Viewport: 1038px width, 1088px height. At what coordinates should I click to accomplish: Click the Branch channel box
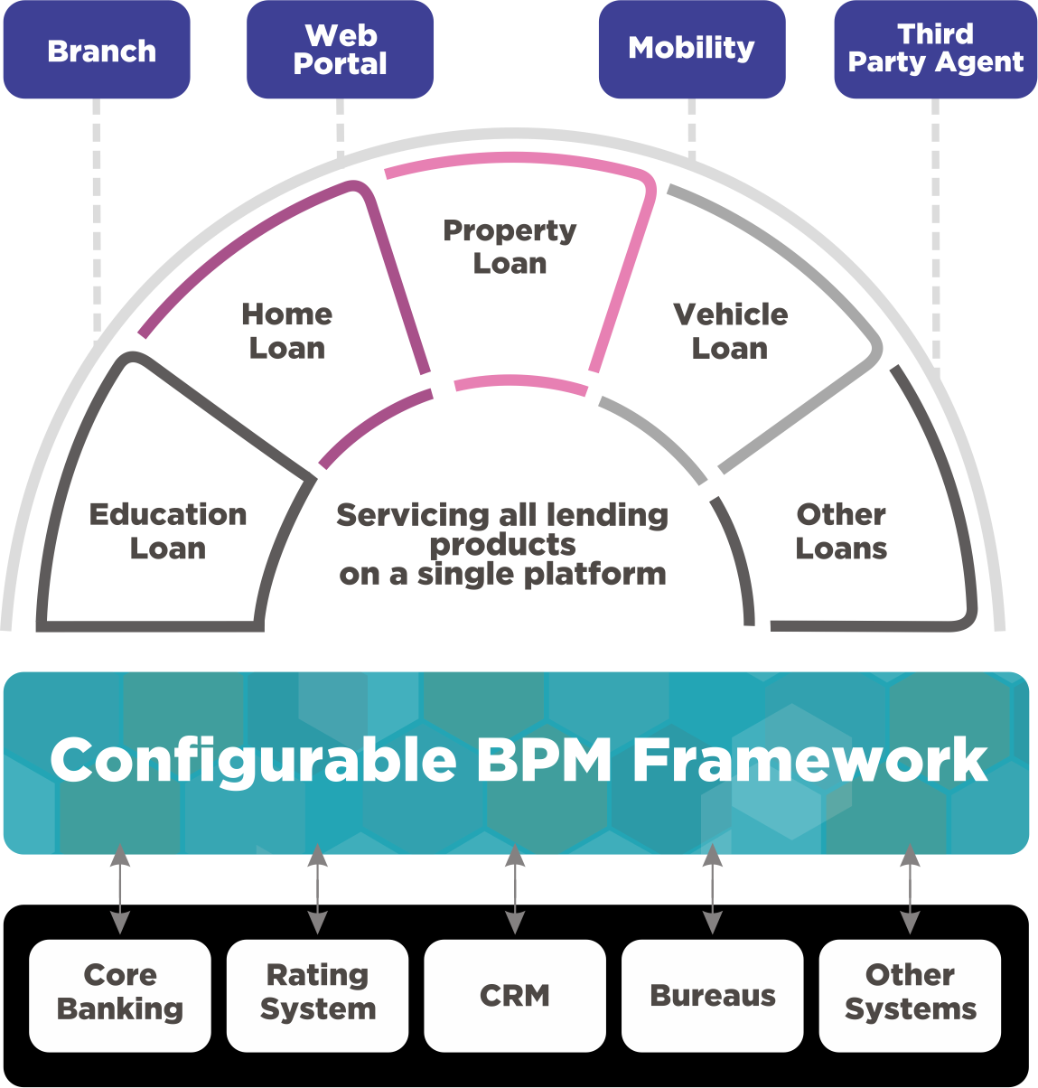[x=97, y=51]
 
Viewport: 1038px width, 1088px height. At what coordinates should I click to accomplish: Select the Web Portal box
[x=341, y=51]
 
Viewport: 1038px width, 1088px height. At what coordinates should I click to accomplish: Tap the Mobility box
[x=692, y=49]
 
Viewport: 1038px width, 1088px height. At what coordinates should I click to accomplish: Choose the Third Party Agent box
[x=935, y=49]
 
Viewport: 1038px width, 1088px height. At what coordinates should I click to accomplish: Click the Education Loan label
[x=168, y=531]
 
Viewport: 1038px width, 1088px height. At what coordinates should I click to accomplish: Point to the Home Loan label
[x=286, y=331]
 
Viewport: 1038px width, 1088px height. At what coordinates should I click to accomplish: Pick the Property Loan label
[x=510, y=247]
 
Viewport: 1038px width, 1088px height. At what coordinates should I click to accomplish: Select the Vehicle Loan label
[x=730, y=331]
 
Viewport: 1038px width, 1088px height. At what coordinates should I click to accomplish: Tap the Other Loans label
[x=841, y=531]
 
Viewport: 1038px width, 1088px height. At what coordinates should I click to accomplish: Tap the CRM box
[x=515, y=995]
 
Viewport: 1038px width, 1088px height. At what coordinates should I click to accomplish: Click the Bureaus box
[x=713, y=995]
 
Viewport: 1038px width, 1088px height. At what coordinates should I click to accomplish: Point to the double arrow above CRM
[x=515, y=889]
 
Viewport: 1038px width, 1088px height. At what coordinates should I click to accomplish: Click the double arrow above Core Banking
[x=120, y=889]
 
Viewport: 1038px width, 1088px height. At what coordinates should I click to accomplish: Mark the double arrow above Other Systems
[x=910, y=889]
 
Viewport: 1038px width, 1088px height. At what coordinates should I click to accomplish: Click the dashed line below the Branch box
[x=97, y=217]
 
